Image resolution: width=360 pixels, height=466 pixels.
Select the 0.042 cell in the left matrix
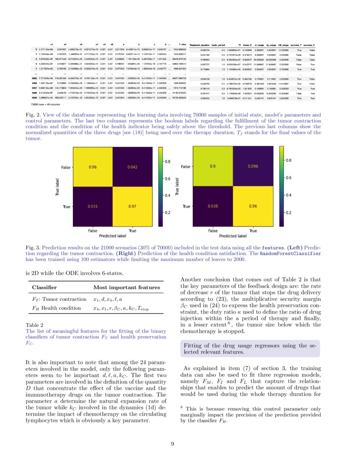[132, 167]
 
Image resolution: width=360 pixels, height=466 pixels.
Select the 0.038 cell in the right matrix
[213, 207]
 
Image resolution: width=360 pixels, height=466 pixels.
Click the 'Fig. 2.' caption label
[32, 115]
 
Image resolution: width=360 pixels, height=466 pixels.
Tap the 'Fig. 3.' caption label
[32, 246]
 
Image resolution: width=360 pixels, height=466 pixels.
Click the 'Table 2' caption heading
[34, 325]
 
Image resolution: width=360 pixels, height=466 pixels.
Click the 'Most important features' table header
[122, 288]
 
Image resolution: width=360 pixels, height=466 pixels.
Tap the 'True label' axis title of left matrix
[57, 187]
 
